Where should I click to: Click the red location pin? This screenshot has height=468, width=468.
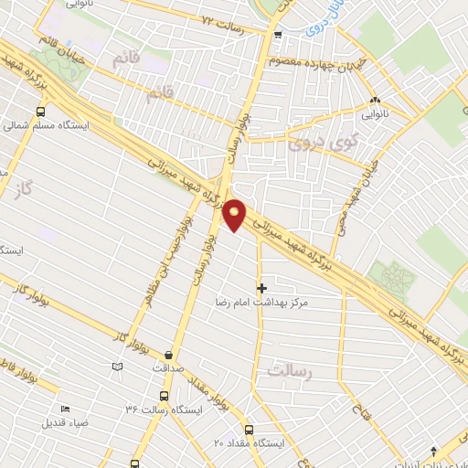[235, 214]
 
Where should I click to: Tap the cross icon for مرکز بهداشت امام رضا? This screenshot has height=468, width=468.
[261, 288]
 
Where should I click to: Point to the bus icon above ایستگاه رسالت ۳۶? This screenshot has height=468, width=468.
[164, 396]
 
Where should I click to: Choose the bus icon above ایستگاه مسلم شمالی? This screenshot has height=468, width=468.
[40, 111]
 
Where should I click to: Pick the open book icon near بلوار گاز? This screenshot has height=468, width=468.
[116, 367]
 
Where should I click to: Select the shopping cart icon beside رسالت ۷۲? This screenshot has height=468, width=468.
[278, 36]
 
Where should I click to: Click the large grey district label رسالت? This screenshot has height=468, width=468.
[292, 370]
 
